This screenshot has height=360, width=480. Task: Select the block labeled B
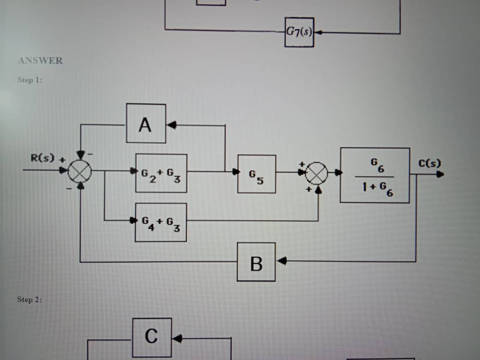256,262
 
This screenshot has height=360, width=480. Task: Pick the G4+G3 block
161,222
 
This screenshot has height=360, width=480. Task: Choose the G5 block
257,174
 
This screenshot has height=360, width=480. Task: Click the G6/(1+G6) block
375,175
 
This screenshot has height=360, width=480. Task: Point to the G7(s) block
300,32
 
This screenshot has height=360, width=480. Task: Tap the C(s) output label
430,163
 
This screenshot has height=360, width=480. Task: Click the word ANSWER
40,60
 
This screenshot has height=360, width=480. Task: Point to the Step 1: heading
30,80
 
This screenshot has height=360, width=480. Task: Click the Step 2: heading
30,300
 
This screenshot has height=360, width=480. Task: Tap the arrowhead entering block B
281,261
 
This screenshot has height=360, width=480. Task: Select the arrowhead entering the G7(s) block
318,33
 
